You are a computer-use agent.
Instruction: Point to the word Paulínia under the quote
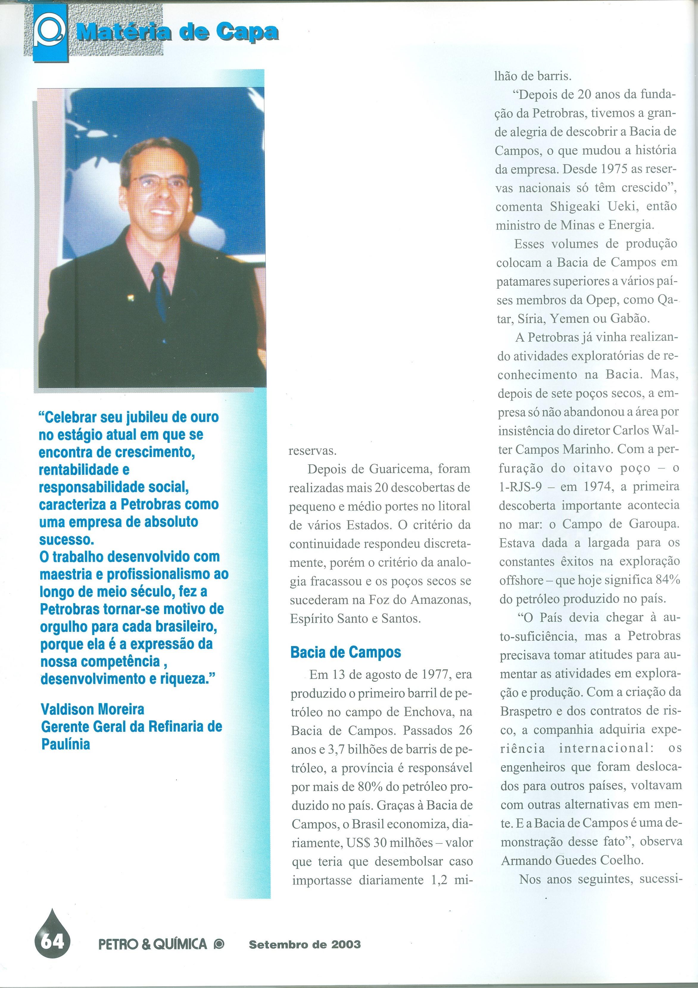[x=66, y=744]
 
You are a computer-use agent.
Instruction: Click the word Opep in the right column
[x=602, y=300]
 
